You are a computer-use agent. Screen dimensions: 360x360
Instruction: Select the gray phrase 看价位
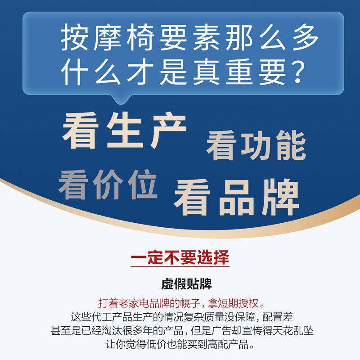[108, 184]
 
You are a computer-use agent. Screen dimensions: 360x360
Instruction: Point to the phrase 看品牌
[237, 198]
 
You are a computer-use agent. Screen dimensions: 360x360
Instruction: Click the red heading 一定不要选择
[180, 259]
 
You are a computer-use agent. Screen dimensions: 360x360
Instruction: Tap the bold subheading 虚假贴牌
[180, 285]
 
